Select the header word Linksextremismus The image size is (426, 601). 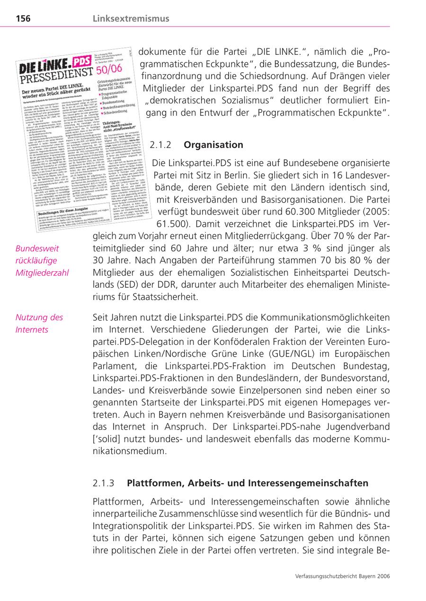(x=131, y=19)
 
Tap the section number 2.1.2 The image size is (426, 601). (x=160, y=145)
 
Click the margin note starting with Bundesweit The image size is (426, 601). (x=42, y=260)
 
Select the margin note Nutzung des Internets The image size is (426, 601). (x=39, y=324)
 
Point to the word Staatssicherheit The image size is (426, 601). (x=158, y=297)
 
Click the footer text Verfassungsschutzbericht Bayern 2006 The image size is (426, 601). (x=342, y=576)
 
